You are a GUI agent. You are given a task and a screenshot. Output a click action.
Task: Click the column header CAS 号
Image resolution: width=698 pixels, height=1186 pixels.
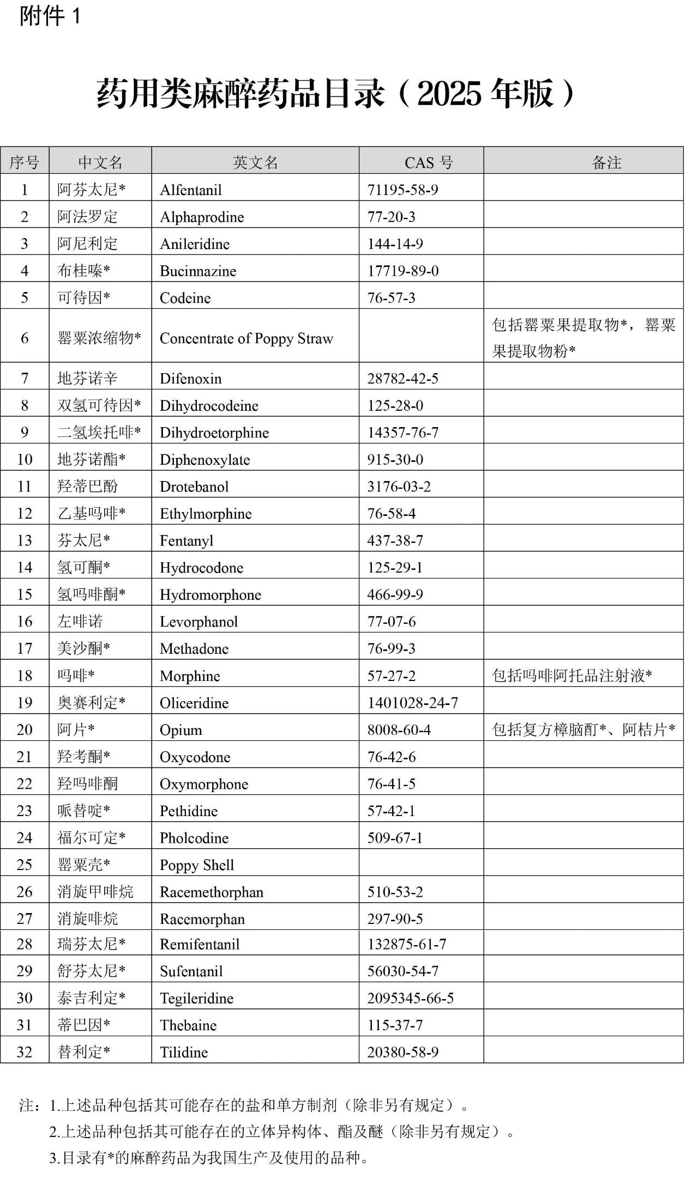pos(429,162)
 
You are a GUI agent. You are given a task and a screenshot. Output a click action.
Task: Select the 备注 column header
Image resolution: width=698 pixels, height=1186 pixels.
pos(606,162)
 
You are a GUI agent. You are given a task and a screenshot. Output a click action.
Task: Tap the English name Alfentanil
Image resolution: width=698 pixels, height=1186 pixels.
pos(191,190)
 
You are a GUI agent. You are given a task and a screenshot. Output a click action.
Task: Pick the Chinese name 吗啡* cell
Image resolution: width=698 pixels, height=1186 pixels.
pos(76,676)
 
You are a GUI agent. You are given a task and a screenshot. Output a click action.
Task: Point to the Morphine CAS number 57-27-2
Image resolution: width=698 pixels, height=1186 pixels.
pos(391,676)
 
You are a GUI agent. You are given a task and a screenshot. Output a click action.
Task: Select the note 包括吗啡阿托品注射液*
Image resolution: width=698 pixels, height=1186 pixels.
pos(572,676)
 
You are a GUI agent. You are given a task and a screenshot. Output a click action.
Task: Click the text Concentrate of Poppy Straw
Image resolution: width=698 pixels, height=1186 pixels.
pos(246,338)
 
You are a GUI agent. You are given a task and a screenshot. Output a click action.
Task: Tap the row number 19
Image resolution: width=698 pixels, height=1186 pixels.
pos(25,702)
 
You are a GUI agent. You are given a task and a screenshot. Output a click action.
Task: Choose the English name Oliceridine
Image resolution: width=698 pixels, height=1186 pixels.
pos(194,703)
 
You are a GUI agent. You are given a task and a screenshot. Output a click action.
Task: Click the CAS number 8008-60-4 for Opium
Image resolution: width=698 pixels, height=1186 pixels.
pos(399,729)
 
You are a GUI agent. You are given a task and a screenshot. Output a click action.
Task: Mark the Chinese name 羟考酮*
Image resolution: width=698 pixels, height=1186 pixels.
pos(83,757)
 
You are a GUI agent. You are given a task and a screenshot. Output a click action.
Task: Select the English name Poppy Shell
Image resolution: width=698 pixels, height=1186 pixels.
pos(197,865)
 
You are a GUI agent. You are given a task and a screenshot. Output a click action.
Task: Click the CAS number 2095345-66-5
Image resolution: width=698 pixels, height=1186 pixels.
pos(410,998)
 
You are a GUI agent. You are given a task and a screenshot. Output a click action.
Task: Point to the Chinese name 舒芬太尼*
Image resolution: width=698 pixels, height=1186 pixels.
pos(91,971)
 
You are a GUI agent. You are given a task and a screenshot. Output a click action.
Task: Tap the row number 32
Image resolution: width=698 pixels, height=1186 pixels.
pos(25,1051)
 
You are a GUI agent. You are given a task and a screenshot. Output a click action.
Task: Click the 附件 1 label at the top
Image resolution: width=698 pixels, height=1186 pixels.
pos(50,16)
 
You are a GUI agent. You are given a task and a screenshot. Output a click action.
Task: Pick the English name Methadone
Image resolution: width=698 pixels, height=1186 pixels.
pos(194,648)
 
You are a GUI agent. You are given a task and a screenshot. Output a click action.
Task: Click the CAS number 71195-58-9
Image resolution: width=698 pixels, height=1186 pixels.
pos(402,190)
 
